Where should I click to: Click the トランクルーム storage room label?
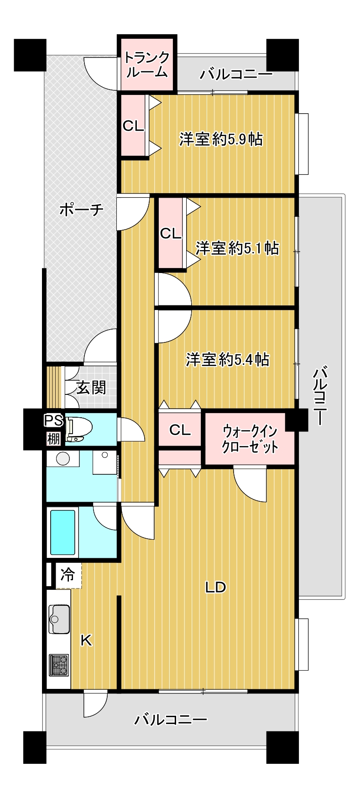pos(146,64)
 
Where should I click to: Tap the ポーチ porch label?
pos(82,210)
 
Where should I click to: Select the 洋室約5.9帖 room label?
pos(221,139)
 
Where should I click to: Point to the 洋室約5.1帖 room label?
pos(237,248)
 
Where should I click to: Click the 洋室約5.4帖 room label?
pos(227,360)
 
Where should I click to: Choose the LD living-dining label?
pos(215,587)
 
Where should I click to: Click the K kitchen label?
pos(86,640)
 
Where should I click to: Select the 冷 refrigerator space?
pos(68,574)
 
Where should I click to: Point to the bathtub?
pos(63,532)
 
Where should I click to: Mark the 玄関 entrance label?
pos(91,388)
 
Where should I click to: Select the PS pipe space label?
pos(54,420)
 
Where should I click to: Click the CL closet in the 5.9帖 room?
pos(133,126)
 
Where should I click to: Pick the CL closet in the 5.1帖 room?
pos(171,233)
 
